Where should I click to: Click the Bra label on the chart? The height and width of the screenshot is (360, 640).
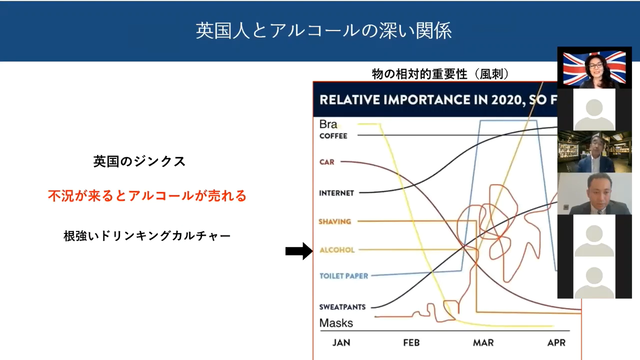pos(328,124)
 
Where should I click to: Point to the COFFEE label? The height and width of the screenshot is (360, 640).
pos(333,135)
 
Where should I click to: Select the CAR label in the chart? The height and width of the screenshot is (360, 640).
pos(326,161)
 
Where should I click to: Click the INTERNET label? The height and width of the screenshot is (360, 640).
pos(336,192)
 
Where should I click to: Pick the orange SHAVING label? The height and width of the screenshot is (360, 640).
pos(334,220)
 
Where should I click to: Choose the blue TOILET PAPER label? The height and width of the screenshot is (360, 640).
pos(342,275)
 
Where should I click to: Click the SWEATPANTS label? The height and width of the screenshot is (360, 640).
pos(341,307)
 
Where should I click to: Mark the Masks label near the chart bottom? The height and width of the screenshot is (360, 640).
pos(336,323)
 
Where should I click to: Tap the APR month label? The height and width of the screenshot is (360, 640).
pos(557,343)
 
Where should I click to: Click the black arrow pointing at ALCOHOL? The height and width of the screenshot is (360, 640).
pos(298,250)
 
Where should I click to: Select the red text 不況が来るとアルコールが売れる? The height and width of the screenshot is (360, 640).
pos(147,196)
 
